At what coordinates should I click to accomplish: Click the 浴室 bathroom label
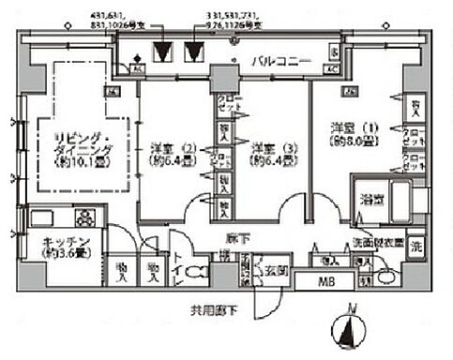click(370, 199)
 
